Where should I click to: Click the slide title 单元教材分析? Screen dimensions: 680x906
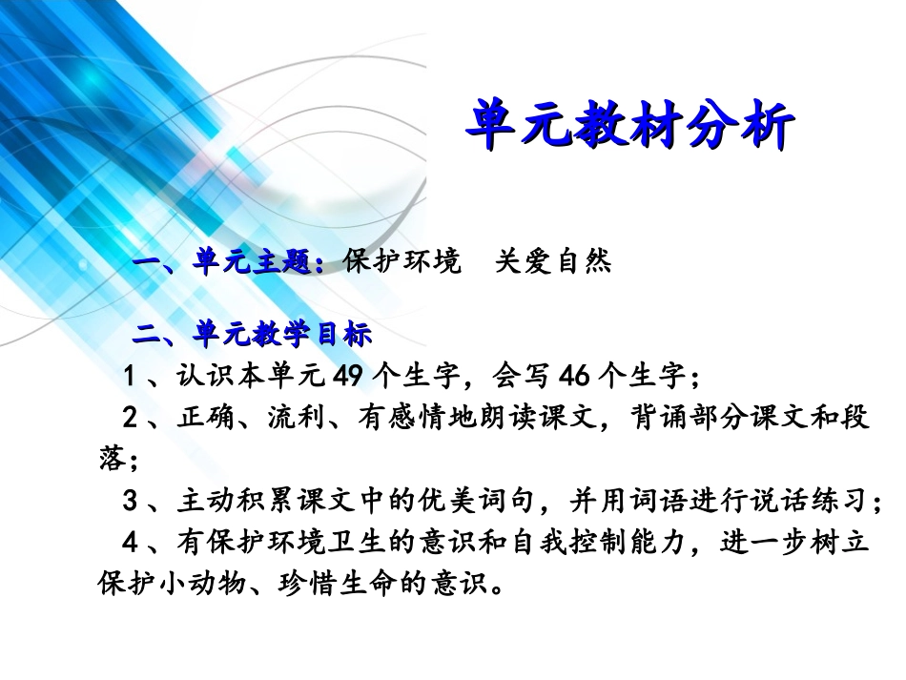pos(629,127)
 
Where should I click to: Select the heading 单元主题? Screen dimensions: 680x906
pos(257,262)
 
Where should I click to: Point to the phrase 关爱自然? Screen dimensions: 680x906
pos(553,262)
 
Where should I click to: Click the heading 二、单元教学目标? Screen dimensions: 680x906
pos(252,335)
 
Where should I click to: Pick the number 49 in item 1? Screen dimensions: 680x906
pos(347,377)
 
